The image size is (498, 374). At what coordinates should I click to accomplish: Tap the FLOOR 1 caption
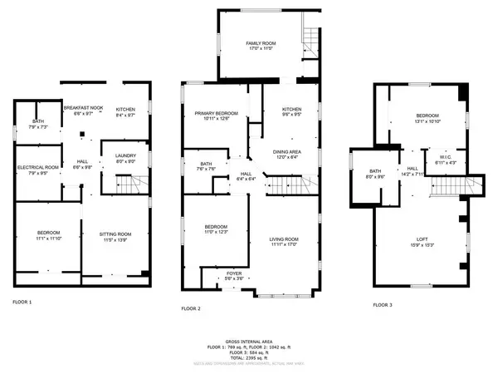[x=22, y=301]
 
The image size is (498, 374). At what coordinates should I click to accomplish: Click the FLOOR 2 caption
[x=192, y=308]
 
